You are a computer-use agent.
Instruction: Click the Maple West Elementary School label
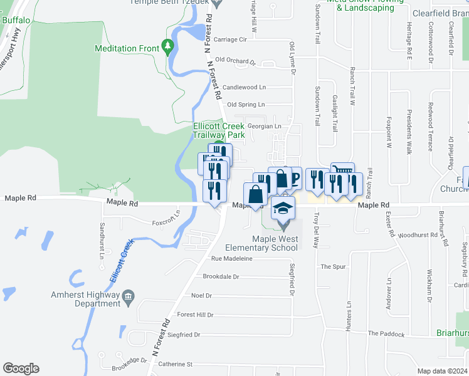275,243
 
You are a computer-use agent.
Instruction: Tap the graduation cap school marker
283,208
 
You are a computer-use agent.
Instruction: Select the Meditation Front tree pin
167,46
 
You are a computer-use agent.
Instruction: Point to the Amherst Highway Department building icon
129,296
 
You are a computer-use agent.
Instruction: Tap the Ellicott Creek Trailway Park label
218,130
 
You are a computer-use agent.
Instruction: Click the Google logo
21,368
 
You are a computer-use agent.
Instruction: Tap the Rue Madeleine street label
232,258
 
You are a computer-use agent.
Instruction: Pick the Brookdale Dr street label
221,276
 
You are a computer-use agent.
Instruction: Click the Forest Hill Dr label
196,315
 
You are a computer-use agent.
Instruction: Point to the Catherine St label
175,363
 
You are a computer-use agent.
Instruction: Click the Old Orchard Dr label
236,61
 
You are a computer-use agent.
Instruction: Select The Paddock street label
386,334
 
